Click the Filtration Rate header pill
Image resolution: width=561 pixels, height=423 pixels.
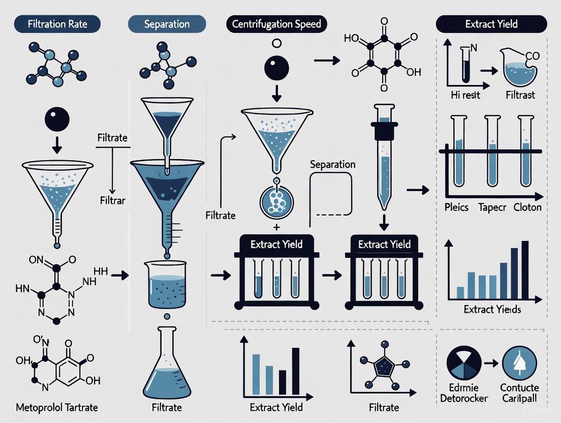[57, 24]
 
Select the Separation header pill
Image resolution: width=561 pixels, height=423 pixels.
[167, 24]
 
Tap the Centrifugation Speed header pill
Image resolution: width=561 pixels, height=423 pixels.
[276, 24]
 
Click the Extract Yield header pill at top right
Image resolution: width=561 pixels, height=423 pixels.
[491, 24]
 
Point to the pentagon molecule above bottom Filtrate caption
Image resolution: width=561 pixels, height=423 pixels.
[384, 366]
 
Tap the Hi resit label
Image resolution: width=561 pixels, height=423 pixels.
[465, 95]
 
